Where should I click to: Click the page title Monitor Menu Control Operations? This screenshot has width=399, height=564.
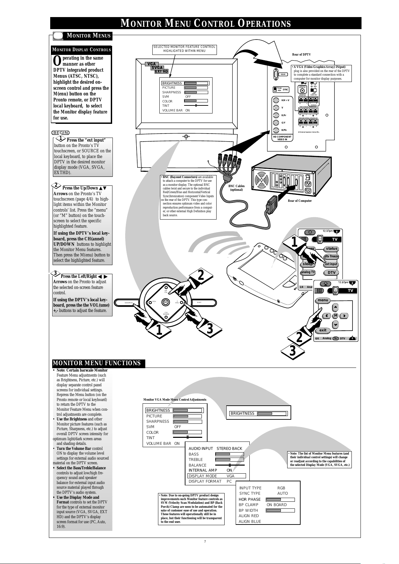[x=206, y=23]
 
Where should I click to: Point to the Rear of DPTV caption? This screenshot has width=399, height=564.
[x=301, y=54]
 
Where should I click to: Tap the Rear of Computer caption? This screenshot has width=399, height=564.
[x=300, y=201]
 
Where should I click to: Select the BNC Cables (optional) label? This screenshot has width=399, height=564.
[x=236, y=188]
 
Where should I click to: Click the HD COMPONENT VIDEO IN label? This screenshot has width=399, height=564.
[x=282, y=138]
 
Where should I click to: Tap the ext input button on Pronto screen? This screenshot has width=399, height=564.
[x=331, y=264]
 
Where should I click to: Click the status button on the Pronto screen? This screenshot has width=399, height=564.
[x=331, y=249]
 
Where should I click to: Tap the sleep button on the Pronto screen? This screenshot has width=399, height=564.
[x=307, y=264]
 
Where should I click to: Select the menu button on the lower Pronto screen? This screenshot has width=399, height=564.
[x=323, y=300]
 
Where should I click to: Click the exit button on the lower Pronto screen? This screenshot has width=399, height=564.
[x=323, y=330]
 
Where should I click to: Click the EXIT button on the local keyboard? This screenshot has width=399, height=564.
[x=199, y=303]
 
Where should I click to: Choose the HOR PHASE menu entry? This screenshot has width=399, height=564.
[x=249, y=499]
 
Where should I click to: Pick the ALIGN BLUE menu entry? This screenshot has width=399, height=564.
[x=250, y=521]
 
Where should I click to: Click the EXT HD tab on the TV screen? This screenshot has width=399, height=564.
[x=161, y=71]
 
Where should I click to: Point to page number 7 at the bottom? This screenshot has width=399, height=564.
[x=205, y=541]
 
